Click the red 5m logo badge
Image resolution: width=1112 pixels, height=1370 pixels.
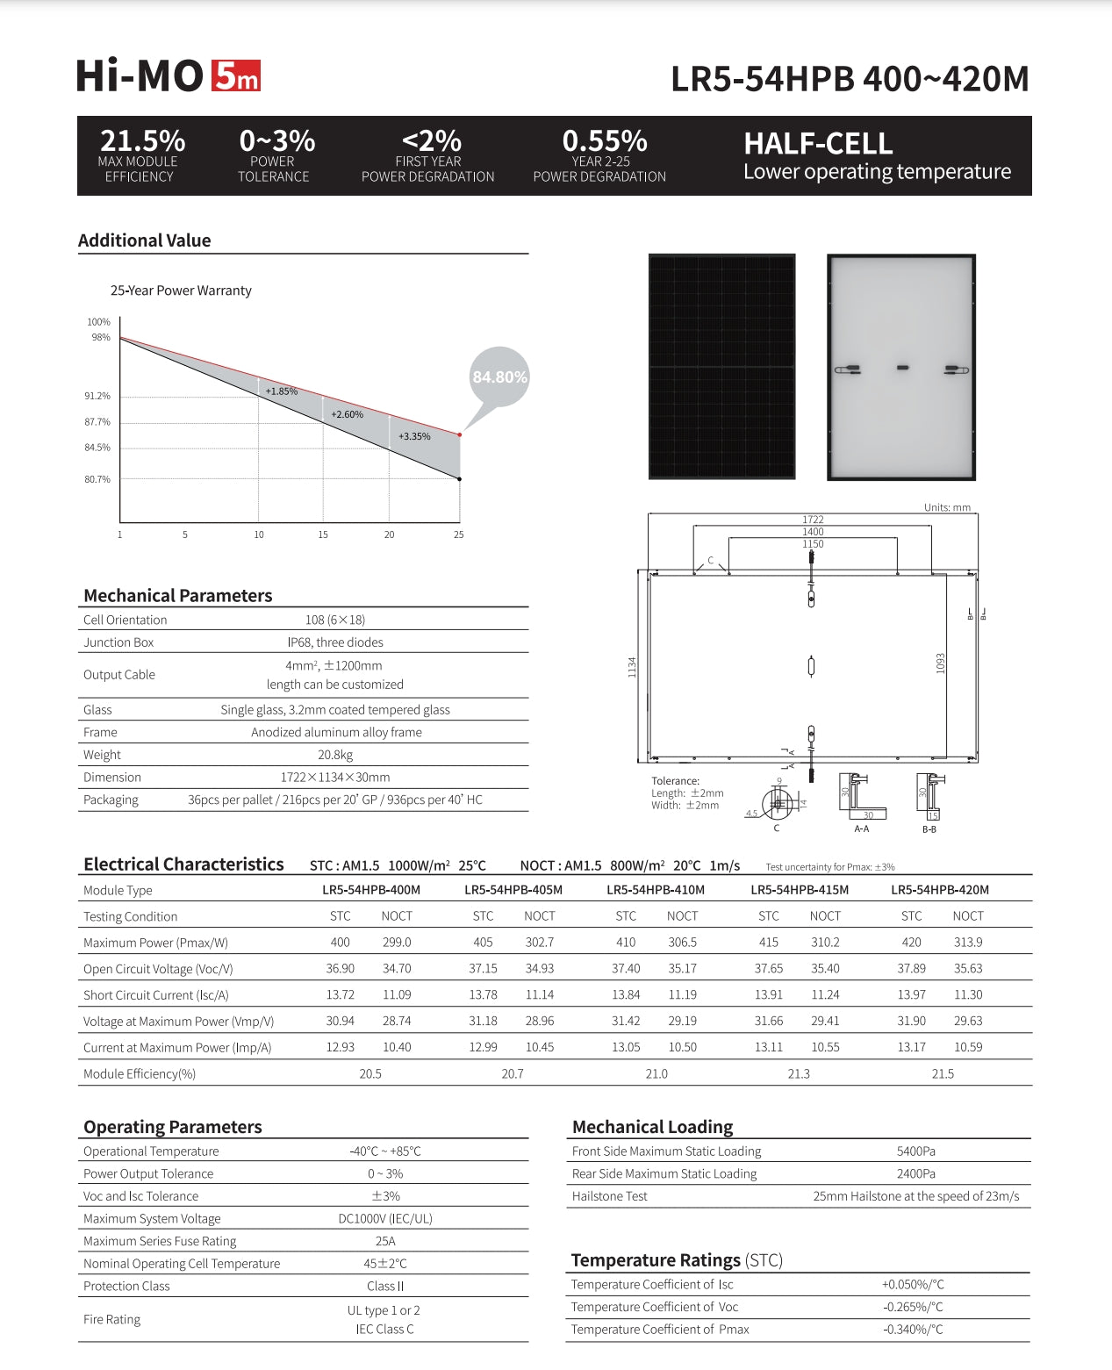(235, 76)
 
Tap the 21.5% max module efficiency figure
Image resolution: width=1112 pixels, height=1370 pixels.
(142, 140)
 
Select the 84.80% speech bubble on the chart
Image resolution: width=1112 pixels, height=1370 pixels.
(499, 377)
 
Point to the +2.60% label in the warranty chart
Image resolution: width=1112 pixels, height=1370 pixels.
(347, 414)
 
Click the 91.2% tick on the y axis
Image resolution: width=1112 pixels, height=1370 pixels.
(97, 396)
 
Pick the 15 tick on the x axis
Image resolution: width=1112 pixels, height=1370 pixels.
(323, 534)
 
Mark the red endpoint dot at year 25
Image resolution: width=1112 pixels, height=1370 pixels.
(459, 434)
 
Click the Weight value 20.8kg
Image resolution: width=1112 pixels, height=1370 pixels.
(335, 755)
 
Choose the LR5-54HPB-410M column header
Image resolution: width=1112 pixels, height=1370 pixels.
(656, 890)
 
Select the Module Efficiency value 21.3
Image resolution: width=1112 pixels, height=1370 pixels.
(799, 1073)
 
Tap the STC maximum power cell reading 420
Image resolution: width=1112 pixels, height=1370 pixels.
(911, 942)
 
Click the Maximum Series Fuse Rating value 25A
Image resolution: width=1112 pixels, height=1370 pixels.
(385, 1241)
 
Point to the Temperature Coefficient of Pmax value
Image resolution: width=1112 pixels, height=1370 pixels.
(913, 1330)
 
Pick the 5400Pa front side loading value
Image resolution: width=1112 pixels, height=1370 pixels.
(915, 1151)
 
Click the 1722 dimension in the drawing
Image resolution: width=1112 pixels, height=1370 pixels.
(813, 520)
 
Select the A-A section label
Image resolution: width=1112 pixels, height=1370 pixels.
(861, 828)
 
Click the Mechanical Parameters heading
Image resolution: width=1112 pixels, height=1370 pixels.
(178, 595)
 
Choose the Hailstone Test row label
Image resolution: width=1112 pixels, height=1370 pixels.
(609, 1196)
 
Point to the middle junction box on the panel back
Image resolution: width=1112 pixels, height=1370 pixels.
(902, 367)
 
